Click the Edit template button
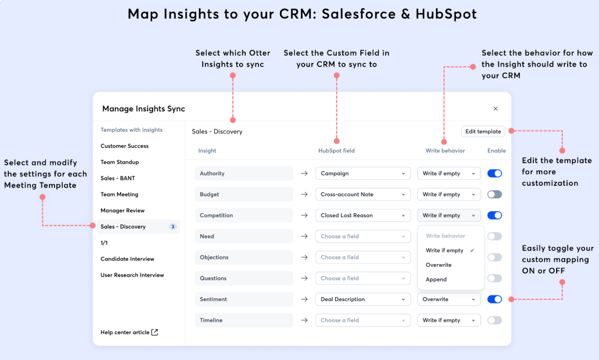(483, 131)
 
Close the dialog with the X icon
(495, 109)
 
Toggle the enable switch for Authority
(495, 174)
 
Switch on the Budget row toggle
(495, 195)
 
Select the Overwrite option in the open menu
(439, 265)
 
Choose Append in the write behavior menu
(436, 280)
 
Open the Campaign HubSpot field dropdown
(363, 174)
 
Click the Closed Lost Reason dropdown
(363, 216)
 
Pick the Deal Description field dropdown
(363, 299)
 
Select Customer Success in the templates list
(125, 146)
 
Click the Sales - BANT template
(118, 178)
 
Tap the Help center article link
(129, 332)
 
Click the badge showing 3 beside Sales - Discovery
(172, 227)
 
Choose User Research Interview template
(132, 275)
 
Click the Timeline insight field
(244, 320)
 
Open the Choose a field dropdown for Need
(363, 237)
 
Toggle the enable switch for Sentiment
(495, 299)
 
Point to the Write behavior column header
(445, 151)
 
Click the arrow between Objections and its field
(304, 257)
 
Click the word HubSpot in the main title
(446, 14)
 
